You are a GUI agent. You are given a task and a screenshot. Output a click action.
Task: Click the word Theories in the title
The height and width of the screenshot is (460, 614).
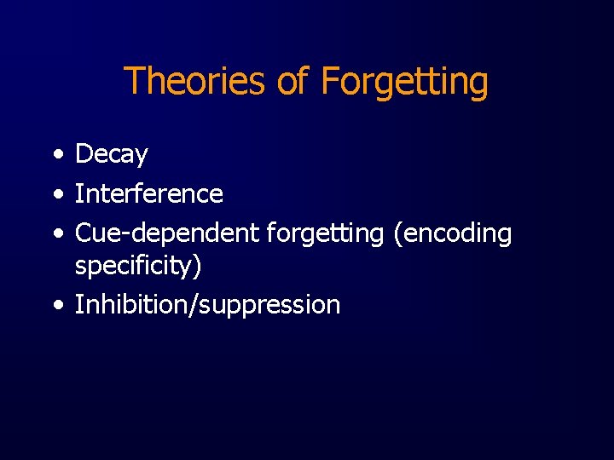click(x=196, y=82)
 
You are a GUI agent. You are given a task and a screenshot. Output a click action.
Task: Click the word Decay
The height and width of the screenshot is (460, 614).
click(x=111, y=155)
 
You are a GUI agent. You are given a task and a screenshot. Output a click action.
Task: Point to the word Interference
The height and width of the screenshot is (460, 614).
click(x=149, y=194)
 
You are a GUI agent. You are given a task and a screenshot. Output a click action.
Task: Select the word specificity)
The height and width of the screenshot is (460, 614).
click(x=138, y=267)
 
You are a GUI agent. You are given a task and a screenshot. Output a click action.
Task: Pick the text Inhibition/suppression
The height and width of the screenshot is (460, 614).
click(x=207, y=305)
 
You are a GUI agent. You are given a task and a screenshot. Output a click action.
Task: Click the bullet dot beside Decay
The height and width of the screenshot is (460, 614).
click(x=56, y=155)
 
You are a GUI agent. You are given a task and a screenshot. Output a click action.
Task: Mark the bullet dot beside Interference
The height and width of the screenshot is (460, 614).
click(x=56, y=194)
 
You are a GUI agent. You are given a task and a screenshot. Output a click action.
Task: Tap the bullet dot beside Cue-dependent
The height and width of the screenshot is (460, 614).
click(x=56, y=233)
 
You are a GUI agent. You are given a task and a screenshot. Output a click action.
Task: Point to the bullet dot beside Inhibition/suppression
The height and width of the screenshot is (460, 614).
click(x=56, y=304)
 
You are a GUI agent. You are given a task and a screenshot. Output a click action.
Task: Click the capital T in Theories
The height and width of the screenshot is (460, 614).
click(x=134, y=82)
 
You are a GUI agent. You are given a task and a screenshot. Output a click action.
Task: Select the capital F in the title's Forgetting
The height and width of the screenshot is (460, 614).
click(x=330, y=82)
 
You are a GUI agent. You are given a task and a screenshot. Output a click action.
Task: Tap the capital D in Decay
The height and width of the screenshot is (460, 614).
click(x=84, y=154)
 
